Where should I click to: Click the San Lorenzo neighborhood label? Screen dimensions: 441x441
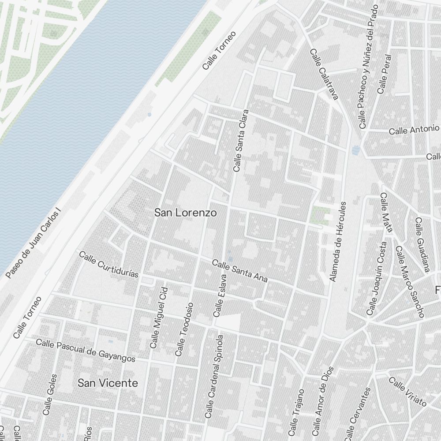coord(185,213)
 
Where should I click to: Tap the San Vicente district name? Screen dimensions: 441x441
coord(108,383)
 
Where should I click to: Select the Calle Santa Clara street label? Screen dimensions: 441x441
coord(241,141)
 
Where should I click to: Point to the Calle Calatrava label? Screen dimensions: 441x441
coord(324,74)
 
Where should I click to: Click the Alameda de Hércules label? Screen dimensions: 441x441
coord(339,242)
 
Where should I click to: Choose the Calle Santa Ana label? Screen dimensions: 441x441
coord(239,271)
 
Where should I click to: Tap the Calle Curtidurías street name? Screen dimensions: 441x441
coord(108,264)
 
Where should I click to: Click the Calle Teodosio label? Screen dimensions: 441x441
coord(184,329)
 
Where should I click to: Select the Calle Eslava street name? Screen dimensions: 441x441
coord(220,295)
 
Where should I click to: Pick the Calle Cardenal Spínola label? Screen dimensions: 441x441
coord(215,376)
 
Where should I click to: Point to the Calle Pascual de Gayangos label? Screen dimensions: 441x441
coord(86,350)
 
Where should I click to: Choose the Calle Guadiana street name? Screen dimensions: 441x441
coord(422,244)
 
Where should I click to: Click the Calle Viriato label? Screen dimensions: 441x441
coord(407,392)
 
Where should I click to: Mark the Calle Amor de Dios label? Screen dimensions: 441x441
coord(323,401)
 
